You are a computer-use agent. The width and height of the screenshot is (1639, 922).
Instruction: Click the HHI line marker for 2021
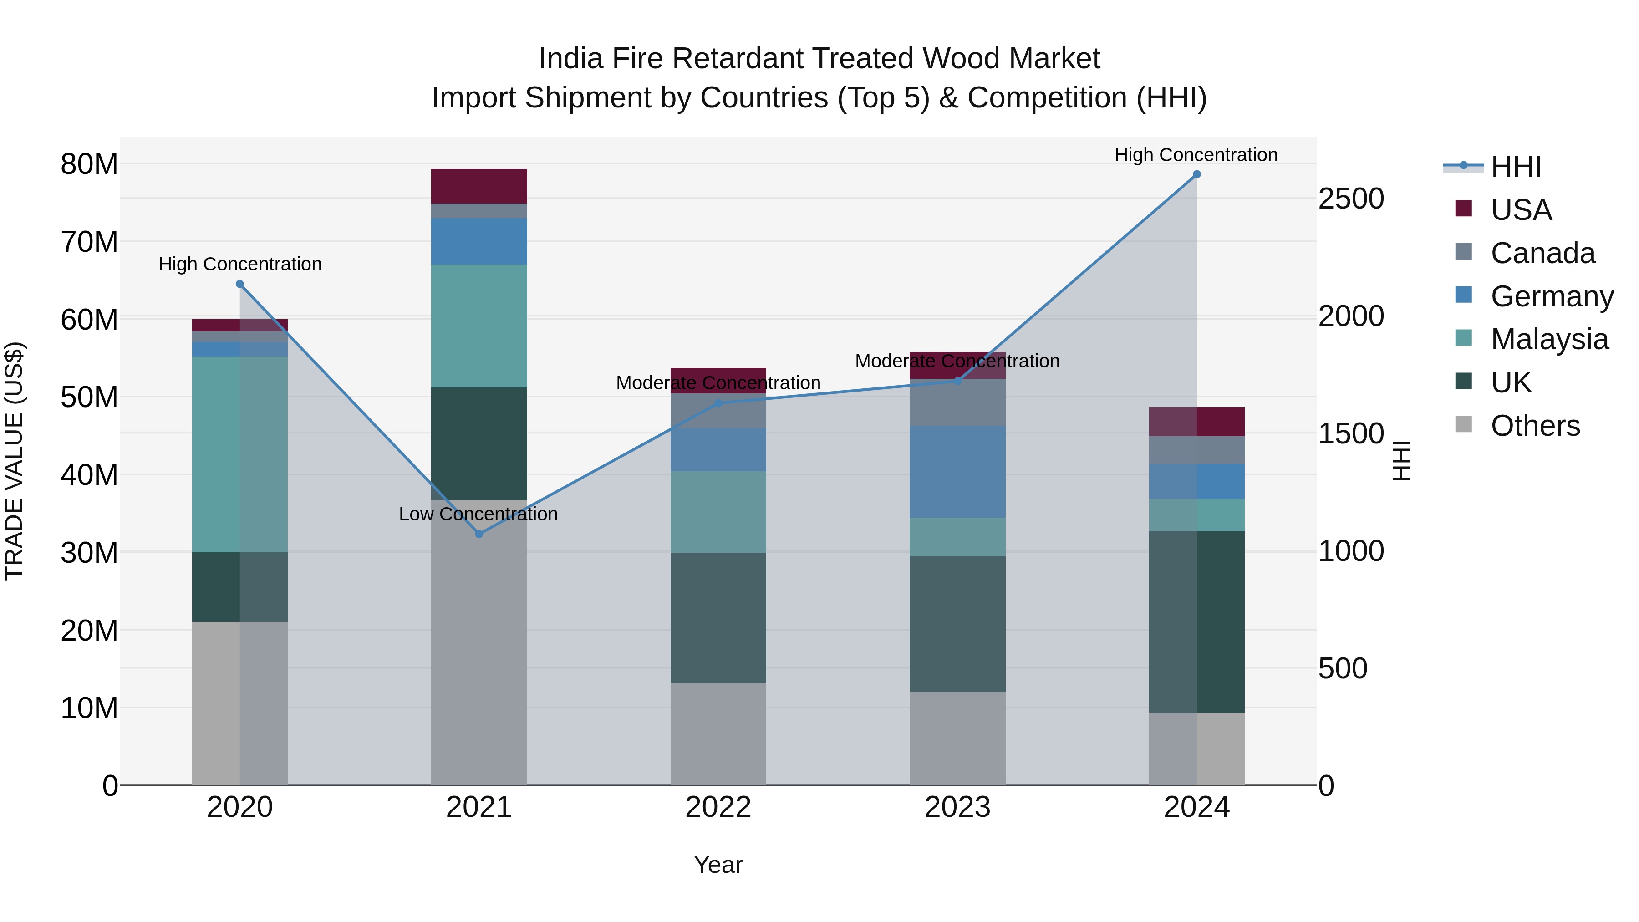tap(479, 534)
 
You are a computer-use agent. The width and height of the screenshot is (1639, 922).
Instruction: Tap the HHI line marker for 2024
tap(1197, 174)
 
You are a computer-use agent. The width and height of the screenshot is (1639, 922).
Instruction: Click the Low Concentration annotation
tap(478, 514)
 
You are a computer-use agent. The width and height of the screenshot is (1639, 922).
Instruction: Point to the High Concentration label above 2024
tap(1196, 155)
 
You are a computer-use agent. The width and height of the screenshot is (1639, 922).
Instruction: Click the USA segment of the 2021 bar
tap(479, 186)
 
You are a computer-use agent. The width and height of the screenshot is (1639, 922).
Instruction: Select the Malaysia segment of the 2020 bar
tap(240, 454)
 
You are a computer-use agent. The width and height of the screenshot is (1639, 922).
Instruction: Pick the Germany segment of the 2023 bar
tap(957, 472)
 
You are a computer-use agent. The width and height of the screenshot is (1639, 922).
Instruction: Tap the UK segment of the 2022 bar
tap(718, 618)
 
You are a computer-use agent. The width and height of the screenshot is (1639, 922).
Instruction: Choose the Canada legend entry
tap(1542, 253)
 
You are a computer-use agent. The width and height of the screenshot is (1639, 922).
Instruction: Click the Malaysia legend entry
tap(1549, 339)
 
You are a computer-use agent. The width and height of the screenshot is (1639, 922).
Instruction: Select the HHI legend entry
tap(1516, 167)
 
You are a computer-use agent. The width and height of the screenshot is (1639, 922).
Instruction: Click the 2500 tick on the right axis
tap(1351, 199)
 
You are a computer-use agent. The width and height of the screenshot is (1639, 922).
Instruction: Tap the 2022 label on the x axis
tap(718, 807)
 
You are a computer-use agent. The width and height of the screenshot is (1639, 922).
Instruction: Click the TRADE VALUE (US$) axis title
tap(15, 461)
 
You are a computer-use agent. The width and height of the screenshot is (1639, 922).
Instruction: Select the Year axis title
tap(718, 865)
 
